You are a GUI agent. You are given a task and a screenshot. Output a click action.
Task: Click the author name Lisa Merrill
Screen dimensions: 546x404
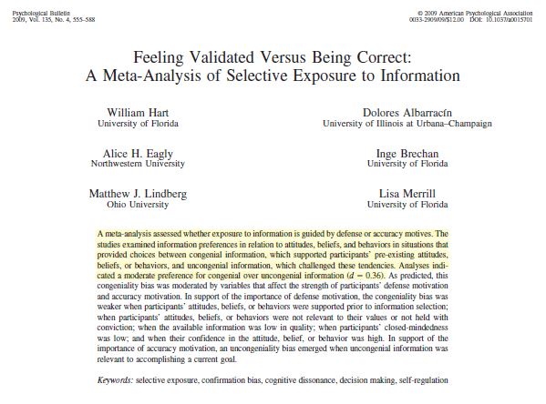(x=406, y=193)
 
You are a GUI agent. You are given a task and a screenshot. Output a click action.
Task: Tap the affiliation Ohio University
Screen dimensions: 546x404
(x=135, y=205)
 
